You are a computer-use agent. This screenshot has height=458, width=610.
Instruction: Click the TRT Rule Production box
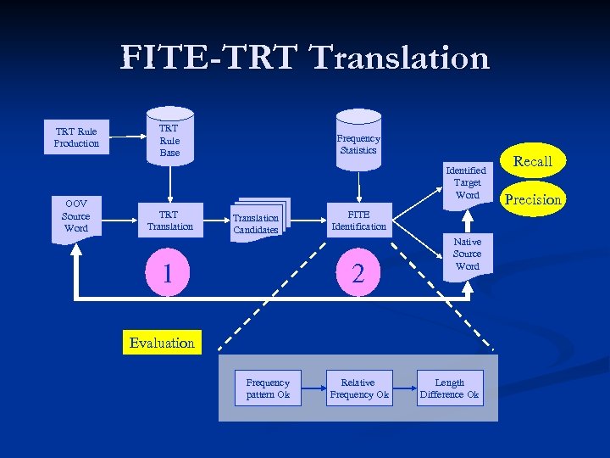[x=76, y=137]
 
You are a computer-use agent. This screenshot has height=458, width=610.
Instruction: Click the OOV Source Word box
[x=76, y=217]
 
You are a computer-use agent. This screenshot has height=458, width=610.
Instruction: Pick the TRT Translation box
[x=169, y=221]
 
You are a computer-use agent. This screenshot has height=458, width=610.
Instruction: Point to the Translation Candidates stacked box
[x=258, y=222]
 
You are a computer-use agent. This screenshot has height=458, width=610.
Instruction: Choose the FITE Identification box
[x=358, y=221]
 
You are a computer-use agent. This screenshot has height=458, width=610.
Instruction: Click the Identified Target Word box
[x=467, y=182]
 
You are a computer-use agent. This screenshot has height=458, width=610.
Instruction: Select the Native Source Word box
[x=467, y=254]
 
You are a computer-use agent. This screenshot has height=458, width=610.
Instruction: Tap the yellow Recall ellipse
[x=533, y=161]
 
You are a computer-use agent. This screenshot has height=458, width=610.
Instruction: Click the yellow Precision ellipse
[x=534, y=199]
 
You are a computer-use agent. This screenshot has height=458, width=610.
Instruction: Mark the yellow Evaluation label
[x=162, y=343]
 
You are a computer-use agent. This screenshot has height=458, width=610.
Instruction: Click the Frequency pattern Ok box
[x=268, y=388]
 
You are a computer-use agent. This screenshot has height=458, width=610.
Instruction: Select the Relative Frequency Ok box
[x=359, y=388]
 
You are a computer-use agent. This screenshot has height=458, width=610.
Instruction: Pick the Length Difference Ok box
[x=450, y=388]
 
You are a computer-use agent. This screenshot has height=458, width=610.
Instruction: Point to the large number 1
[x=169, y=272]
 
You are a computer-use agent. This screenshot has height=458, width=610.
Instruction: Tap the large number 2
[x=358, y=272]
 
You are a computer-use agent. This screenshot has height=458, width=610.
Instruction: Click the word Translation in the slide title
[x=400, y=58]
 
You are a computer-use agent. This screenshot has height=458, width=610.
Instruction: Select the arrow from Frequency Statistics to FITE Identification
[x=358, y=183]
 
